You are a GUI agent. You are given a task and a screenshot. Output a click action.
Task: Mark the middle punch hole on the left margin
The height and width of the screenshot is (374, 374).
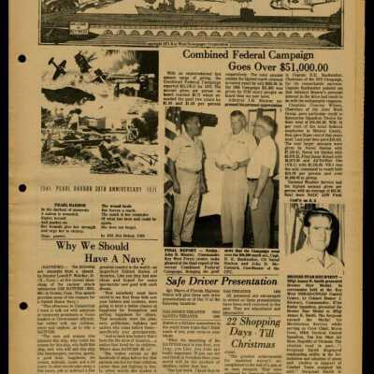[x=23, y=173]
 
